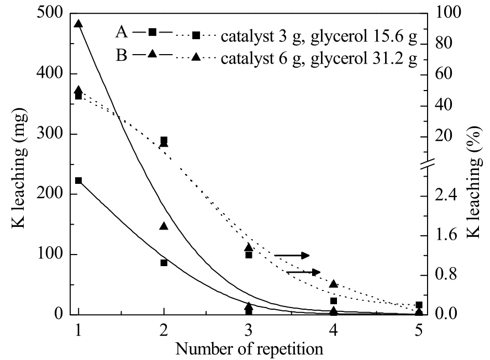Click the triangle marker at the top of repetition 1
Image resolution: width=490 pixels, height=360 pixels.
[x=78, y=24]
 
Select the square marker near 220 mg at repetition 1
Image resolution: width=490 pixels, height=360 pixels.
[x=78, y=181]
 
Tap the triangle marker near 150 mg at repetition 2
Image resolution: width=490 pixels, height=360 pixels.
[x=164, y=226]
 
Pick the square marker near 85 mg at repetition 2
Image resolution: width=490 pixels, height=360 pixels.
[x=164, y=263]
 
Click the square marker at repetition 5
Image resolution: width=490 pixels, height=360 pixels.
[x=419, y=305]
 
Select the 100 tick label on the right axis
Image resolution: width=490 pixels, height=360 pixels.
[x=448, y=13]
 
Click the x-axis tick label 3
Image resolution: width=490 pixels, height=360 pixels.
[x=249, y=330]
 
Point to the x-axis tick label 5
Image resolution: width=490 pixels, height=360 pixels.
[x=419, y=330]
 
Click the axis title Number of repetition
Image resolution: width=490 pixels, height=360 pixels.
[x=249, y=349]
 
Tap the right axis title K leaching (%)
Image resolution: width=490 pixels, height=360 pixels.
[x=474, y=182]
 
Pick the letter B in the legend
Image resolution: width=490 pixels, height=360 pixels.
[x=122, y=55]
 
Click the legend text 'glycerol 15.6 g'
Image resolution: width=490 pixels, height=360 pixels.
[x=364, y=37]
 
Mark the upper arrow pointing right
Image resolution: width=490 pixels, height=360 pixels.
[x=292, y=256]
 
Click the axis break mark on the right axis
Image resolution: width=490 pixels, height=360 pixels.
[x=427, y=164]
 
